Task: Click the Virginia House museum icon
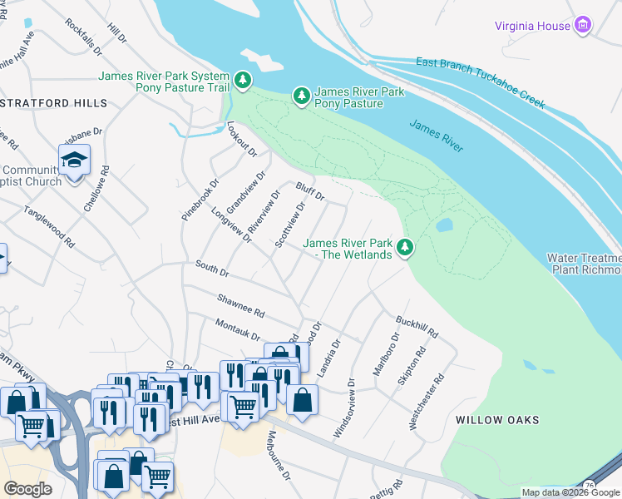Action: tap(584, 26)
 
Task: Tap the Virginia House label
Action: tap(532, 26)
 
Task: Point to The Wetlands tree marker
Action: tap(405, 248)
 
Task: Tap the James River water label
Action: tap(436, 135)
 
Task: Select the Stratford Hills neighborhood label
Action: tap(54, 103)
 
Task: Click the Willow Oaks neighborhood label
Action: tap(497, 420)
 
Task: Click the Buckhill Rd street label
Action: tap(417, 326)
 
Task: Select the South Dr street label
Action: tap(212, 269)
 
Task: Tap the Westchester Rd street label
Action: tap(426, 401)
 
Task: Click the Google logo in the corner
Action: tap(27, 489)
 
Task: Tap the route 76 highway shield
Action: tap(589, 485)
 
